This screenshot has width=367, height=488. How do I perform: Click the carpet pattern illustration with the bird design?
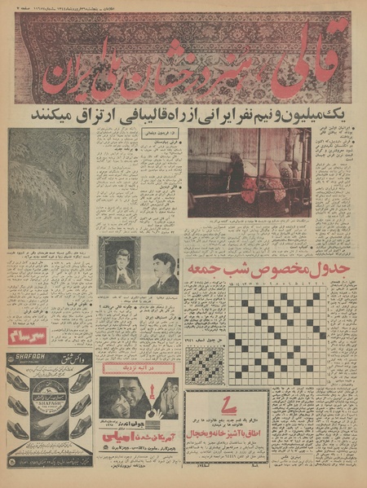pyautogui.click(x=48, y=187)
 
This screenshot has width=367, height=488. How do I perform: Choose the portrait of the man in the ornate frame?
pyautogui.click(x=119, y=263)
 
